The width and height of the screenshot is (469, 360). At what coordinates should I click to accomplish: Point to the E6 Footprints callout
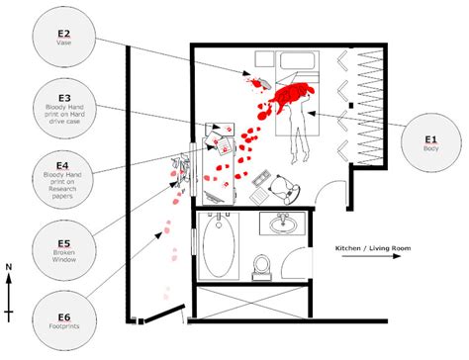[x=64, y=318]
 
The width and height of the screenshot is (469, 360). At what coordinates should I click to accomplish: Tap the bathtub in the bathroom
[x=218, y=243]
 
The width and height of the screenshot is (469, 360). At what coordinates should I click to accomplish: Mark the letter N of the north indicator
[x=8, y=267]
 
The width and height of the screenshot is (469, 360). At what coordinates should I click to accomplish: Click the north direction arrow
[x=8, y=297]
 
